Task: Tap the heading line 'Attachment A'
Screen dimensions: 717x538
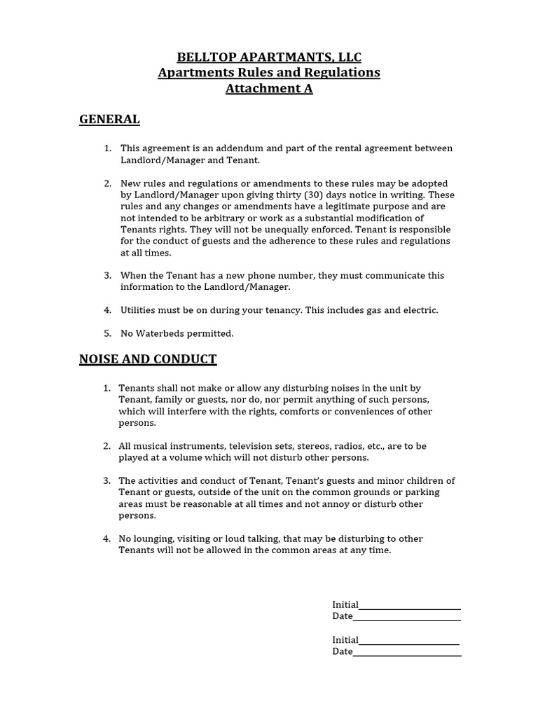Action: (x=269, y=88)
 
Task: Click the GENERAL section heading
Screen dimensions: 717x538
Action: (x=109, y=119)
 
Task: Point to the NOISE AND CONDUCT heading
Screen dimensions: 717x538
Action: (x=148, y=359)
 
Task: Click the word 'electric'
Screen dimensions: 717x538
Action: (x=420, y=310)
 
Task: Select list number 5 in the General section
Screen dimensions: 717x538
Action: (x=107, y=333)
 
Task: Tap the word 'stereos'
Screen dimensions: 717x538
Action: (x=313, y=446)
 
